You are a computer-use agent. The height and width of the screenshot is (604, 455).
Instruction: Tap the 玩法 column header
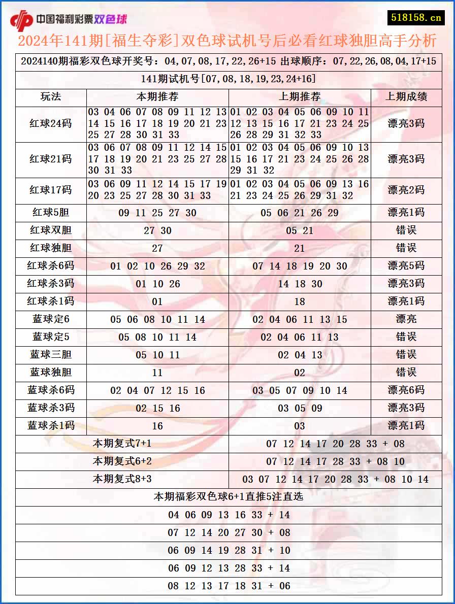[x=51, y=97]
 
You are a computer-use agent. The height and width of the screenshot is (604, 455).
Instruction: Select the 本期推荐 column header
[x=157, y=97]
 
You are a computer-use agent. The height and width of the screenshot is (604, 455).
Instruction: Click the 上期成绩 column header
[x=406, y=97]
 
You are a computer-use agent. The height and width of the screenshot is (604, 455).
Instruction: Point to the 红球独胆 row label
[x=51, y=248]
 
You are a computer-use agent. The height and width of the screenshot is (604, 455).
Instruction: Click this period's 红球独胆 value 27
[x=157, y=248]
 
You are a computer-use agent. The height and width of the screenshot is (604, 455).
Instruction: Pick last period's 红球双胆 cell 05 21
[x=300, y=230]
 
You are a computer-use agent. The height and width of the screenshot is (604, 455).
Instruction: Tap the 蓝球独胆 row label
[x=51, y=373]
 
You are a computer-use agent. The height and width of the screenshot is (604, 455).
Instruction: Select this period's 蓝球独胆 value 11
[x=157, y=373]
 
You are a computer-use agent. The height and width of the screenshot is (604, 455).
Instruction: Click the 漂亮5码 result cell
[x=406, y=266]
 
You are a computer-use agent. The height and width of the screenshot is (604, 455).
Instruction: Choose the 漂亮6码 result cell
[x=406, y=390]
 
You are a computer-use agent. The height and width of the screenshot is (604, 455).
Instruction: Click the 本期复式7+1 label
[x=122, y=444]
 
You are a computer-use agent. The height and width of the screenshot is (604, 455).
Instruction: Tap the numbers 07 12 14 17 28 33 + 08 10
[x=335, y=461]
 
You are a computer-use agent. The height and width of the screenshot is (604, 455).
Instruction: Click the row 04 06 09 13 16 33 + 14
[x=229, y=515]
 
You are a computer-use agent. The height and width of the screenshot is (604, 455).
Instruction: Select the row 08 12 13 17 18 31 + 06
[x=229, y=586]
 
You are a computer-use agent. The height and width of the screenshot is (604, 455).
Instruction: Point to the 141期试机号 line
[x=229, y=79]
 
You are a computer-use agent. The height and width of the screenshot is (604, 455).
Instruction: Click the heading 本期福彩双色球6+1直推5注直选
[x=229, y=496]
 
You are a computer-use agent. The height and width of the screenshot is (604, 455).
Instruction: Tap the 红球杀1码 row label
[x=51, y=301]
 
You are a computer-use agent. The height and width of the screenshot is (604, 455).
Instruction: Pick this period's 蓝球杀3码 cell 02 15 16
[x=157, y=408]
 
